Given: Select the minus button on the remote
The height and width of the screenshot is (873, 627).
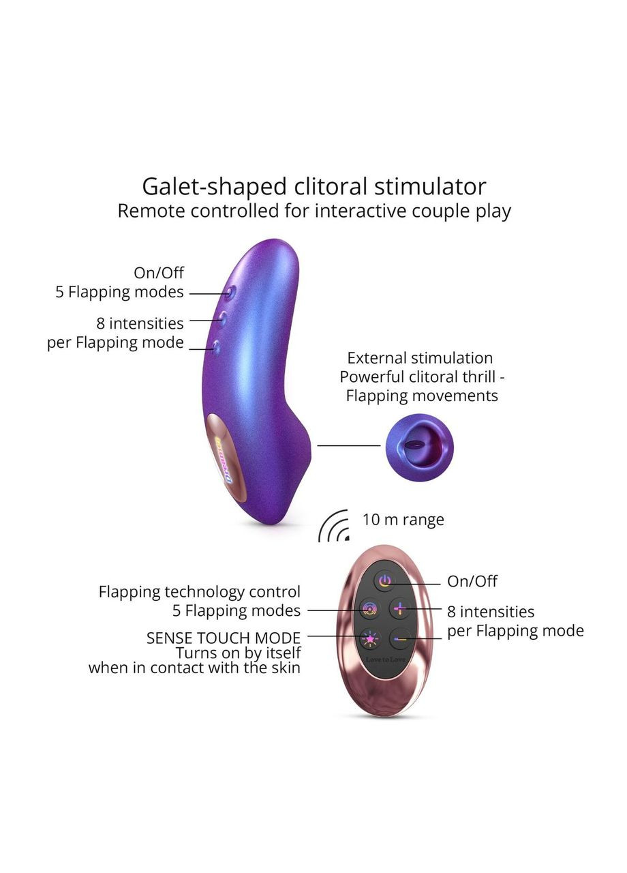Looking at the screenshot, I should (400, 639).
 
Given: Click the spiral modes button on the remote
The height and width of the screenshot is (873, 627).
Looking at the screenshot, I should (369, 608).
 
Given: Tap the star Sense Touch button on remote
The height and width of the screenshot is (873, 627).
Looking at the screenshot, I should (369, 639).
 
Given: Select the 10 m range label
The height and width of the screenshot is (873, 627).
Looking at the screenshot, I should (403, 520).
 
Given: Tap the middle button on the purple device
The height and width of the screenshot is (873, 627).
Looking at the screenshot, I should (222, 318).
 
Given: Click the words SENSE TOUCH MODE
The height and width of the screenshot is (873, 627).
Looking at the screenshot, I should (224, 638).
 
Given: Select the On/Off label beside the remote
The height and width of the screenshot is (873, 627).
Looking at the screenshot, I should (472, 581).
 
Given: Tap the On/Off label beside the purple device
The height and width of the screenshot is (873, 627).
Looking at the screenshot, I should (159, 273).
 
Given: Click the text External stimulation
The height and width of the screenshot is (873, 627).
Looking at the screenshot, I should (420, 358).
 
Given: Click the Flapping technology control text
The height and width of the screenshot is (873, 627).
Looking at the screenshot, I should (200, 592).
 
